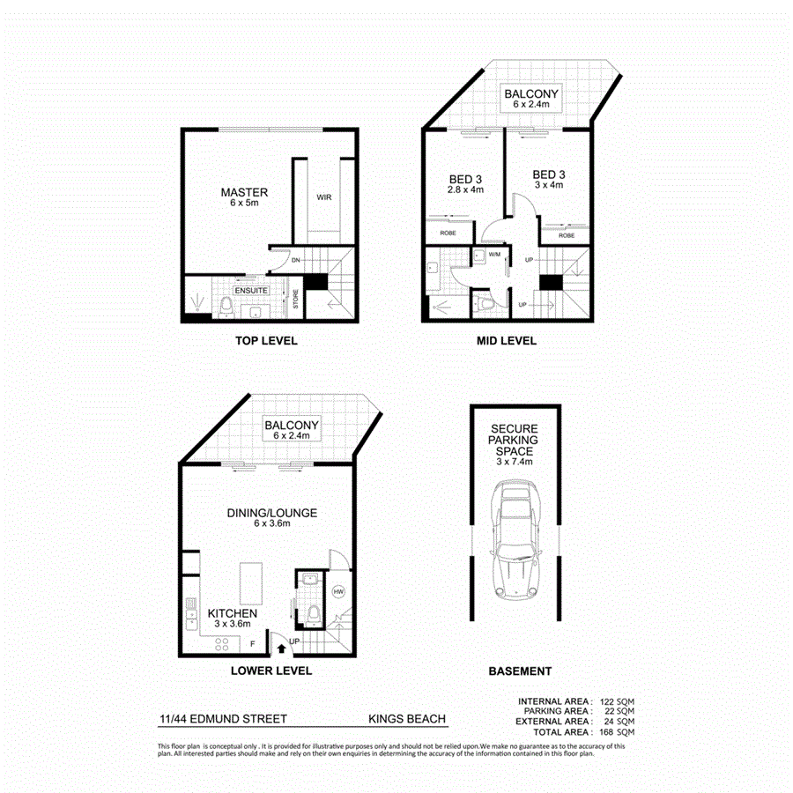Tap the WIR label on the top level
pos(323,197)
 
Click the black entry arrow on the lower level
pos(280,649)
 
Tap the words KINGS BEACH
pos(407,719)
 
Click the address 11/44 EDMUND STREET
pos(224,719)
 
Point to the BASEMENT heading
pos(520,671)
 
